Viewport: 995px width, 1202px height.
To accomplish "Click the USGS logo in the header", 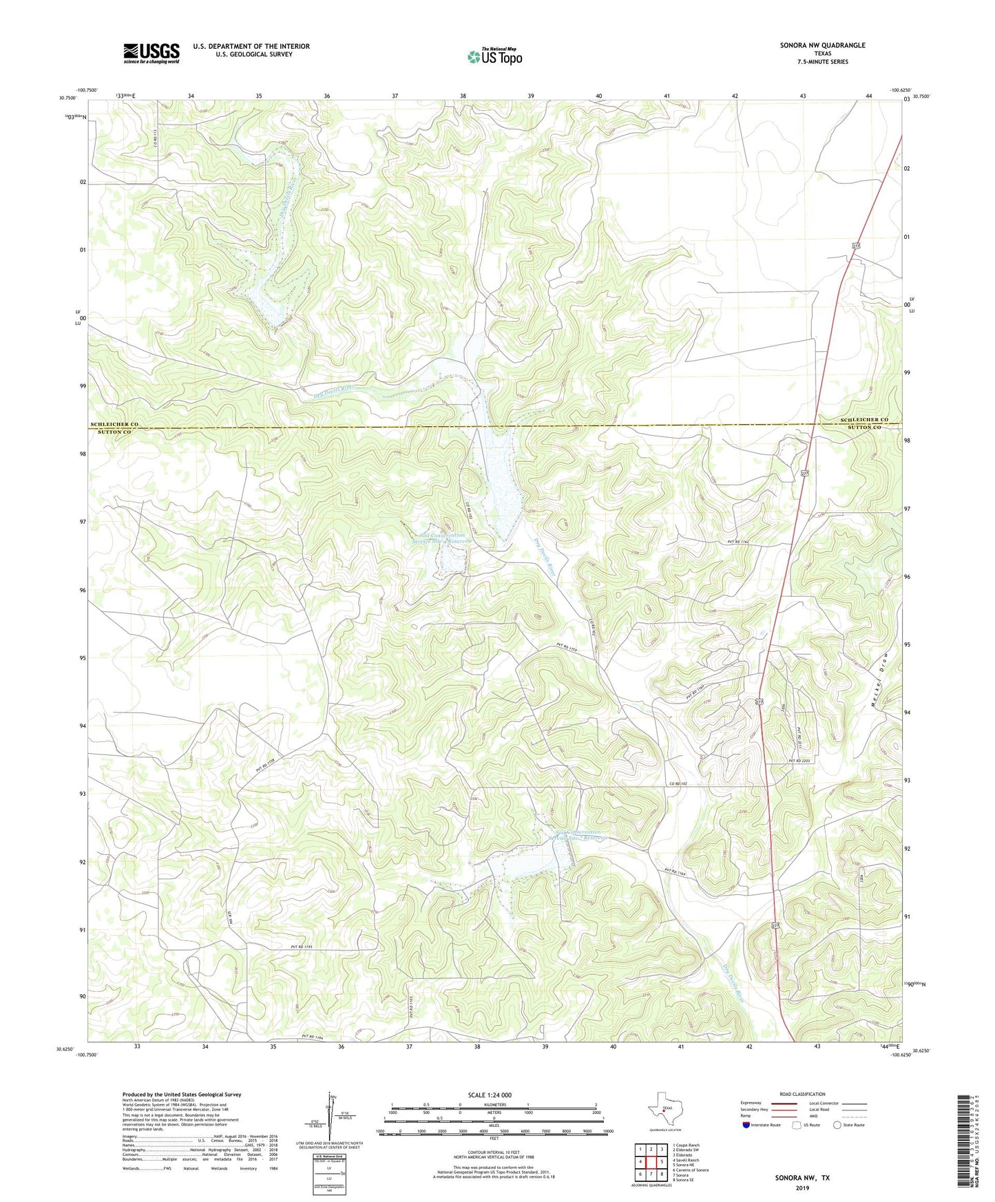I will coord(151,52).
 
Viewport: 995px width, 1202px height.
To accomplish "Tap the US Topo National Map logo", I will coord(494,56).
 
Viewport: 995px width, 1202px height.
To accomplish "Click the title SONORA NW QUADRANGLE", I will coord(822,45).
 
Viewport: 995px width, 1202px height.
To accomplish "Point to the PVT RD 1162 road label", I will coord(737,542).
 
